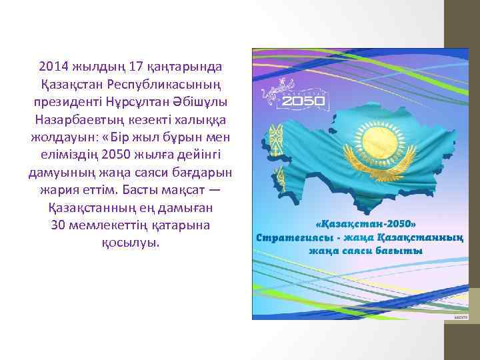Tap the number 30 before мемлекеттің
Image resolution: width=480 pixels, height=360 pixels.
tap(58, 225)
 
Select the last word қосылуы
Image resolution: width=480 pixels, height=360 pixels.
tap(131, 242)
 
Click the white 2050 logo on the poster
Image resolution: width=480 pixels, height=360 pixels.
tap(303, 101)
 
